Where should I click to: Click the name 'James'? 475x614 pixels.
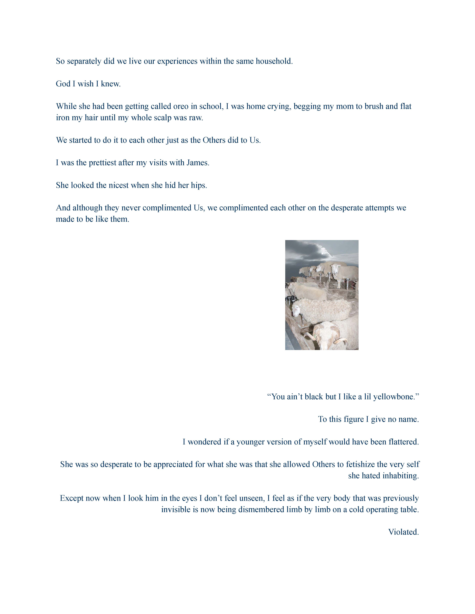pos(198,163)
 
